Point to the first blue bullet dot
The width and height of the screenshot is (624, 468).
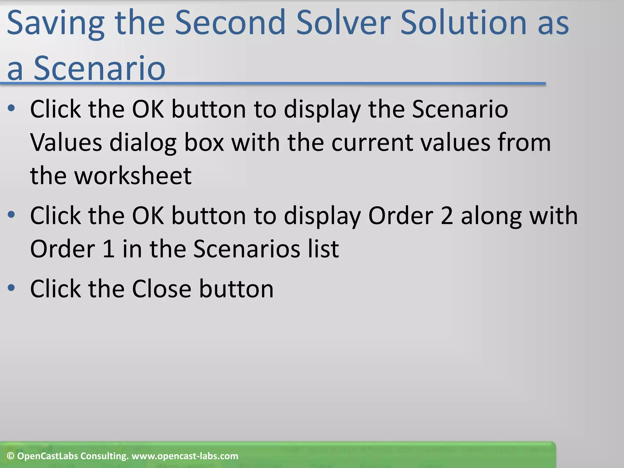pyautogui.click(x=11, y=108)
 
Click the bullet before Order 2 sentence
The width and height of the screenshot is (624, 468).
pyautogui.click(x=11, y=215)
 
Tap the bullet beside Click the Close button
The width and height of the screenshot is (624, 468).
pyautogui.click(x=11, y=288)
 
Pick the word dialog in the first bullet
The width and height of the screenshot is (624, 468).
pyautogui.click(x=143, y=143)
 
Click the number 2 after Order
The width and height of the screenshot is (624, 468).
pyautogui.click(x=447, y=216)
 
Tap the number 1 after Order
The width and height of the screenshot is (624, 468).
pyautogui.click(x=109, y=249)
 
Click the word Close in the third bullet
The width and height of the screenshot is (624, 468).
pyautogui.click(x=161, y=289)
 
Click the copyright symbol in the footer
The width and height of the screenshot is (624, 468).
pyautogui.click(x=11, y=456)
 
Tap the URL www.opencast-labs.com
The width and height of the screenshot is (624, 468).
pyautogui.click(x=185, y=456)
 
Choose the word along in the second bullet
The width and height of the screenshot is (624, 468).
pyautogui.click(x=491, y=216)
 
